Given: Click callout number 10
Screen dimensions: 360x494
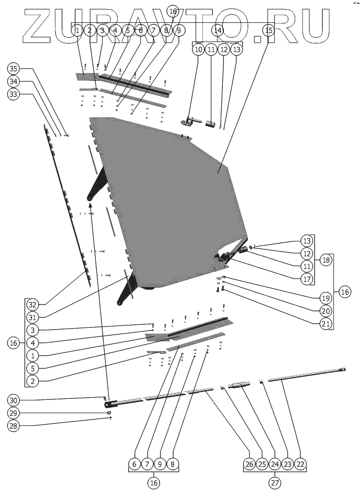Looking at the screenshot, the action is pyautogui.click(x=198, y=49).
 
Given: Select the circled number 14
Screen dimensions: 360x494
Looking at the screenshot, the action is pyautogui.click(x=217, y=31).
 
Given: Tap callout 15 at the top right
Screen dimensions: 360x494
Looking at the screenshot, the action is pyautogui.click(x=269, y=31).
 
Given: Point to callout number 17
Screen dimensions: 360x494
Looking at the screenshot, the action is pyautogui.click(x=306, y=278).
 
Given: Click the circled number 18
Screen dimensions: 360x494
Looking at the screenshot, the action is pyautogui.click(x=325, y=260).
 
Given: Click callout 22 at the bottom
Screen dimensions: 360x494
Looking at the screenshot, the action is pyautogui.click(x=300, y=464).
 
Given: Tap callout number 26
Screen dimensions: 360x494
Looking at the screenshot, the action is pyautogui.click(x=249, y=464).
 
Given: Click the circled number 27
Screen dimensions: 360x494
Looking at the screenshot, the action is pyautogui.click(x=274, y=483).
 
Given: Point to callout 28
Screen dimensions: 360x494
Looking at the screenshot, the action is pyautogui.click(x=14, y=425).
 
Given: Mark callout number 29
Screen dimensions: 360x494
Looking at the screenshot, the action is pyautogui.click(x=14, y=413).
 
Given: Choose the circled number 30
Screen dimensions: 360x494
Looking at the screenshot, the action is pyautogui.click(x=14, y=400).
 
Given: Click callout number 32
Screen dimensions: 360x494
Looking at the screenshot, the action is pyautogui.click(x=33, y=305).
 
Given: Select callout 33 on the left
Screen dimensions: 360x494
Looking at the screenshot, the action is pyautogui.click(x=14, y=94).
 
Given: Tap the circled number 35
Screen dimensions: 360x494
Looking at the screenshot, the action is pyautogui.click(x=14, y=69).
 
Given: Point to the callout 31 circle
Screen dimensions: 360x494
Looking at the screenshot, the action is pyautogui.click(x=33, y=317).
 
